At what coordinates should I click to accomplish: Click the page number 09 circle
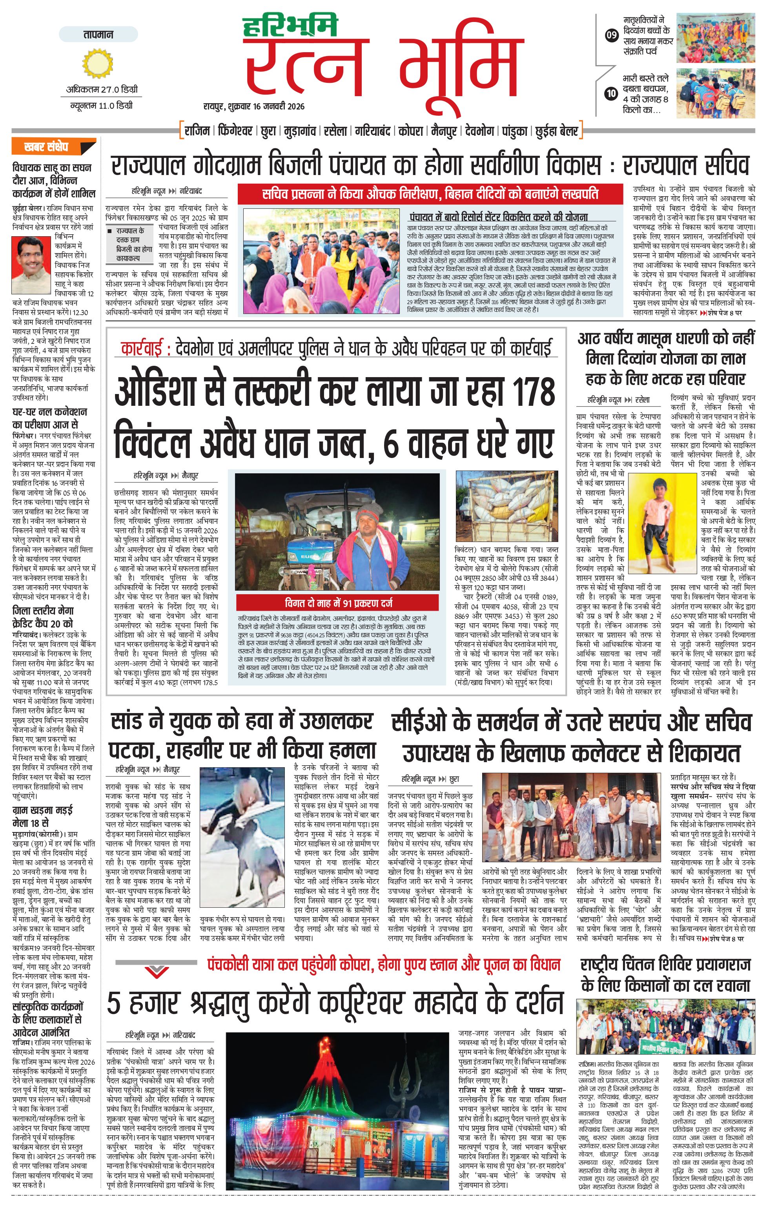tap(611, 35)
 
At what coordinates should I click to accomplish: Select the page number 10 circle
tap(611, 93)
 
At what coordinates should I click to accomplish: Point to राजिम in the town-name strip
tap(197, 131)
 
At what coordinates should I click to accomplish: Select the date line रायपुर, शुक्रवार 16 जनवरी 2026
tap(254, 106)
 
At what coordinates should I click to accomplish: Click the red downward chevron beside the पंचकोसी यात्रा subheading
tap(157, 969)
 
